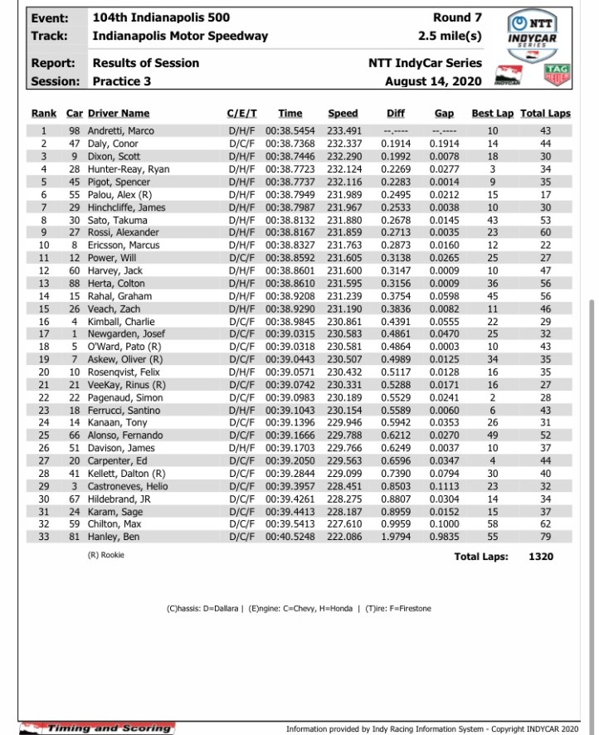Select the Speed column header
[343, 114]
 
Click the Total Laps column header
[545, 114]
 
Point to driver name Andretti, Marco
[121, 131]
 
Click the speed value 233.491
[343, 131]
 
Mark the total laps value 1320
[541, 557]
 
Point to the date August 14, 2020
[433, 81]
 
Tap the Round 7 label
[457, 17]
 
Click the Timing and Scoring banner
[97, 728]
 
